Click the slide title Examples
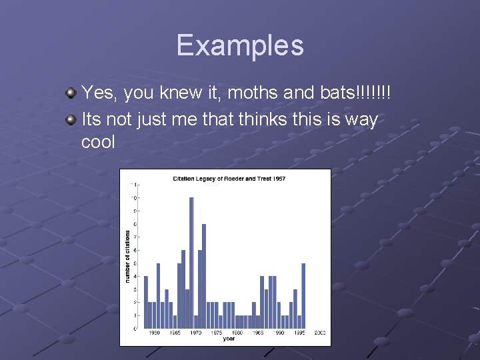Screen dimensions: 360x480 (240, 45)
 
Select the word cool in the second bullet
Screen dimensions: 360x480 (98, 142)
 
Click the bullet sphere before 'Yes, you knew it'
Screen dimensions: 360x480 (70, 94)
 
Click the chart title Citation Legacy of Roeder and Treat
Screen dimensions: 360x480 (229, 179)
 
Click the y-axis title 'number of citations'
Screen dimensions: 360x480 (127, 257)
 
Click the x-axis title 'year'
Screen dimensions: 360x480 (229, 339)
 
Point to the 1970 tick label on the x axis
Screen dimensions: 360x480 (196, 333)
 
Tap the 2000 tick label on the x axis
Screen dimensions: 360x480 (320, 333)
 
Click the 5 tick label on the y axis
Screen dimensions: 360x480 (136, 263)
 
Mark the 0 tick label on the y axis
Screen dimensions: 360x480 (136, 328)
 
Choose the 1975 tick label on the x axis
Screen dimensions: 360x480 (217, 333)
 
